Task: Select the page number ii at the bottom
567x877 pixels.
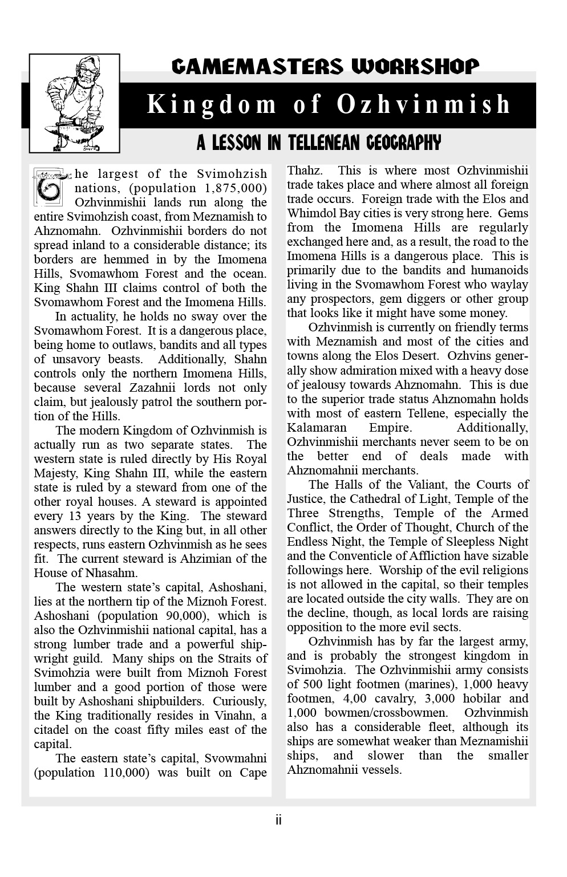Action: point(278,820)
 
